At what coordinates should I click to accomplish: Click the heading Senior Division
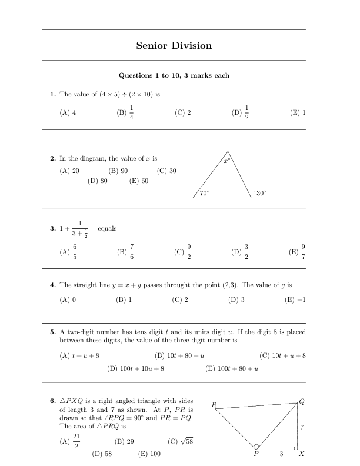pos(174,45)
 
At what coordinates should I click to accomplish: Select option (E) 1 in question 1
pos(298,112)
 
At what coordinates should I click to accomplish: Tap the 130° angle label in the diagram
pos(259,192)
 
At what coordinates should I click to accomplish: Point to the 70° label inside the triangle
pos(205,192)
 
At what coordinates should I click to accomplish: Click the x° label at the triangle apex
pos(227,160)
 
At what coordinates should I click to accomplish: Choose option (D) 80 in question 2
pos(98,181)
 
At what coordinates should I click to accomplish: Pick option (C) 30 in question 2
pos(167,171)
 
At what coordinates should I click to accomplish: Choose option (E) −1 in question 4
pos(296,299)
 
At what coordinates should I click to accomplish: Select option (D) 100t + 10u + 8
pos(135,369)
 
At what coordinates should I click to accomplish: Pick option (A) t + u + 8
pos(80,355)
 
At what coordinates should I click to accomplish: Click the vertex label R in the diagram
pos(214,405)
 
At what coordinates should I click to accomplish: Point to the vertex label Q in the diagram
pos(302,401)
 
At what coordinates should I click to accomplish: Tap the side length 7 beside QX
pos(302,427)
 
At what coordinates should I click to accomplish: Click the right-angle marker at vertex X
pos(295,448)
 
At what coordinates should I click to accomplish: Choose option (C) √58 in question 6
pos(181,441)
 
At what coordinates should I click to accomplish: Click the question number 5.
pos(53,332)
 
